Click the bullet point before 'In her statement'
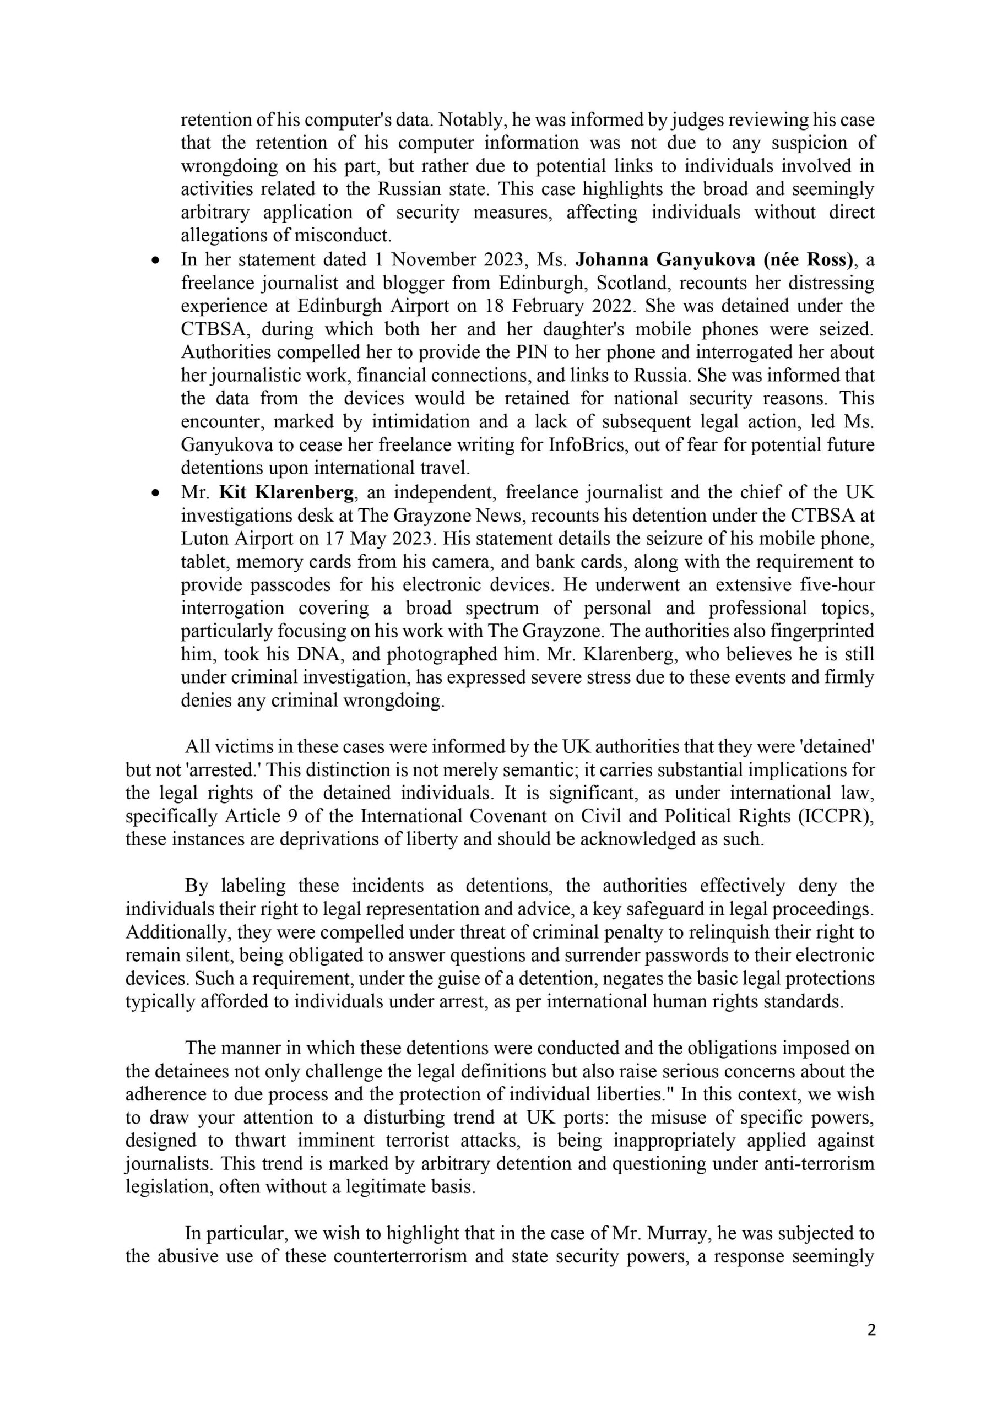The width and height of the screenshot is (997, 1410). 156,261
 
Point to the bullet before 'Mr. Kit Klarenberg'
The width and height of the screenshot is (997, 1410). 156,493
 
